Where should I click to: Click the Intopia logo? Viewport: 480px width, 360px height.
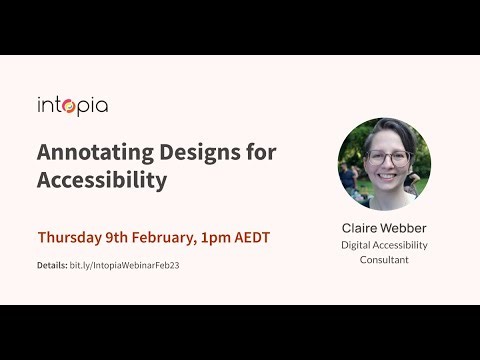point(72,105)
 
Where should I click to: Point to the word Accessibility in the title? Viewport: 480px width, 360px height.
point(102,180)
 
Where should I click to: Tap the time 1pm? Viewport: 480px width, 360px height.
point(227,238)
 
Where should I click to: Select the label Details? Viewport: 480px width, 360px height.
point(52,265)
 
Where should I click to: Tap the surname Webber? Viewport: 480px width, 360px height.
point(404,228)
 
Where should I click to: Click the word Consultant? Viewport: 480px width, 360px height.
point(384,260)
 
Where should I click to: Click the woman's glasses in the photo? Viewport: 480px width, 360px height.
point(388,158)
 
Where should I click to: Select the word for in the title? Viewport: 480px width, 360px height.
point(260,152)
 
